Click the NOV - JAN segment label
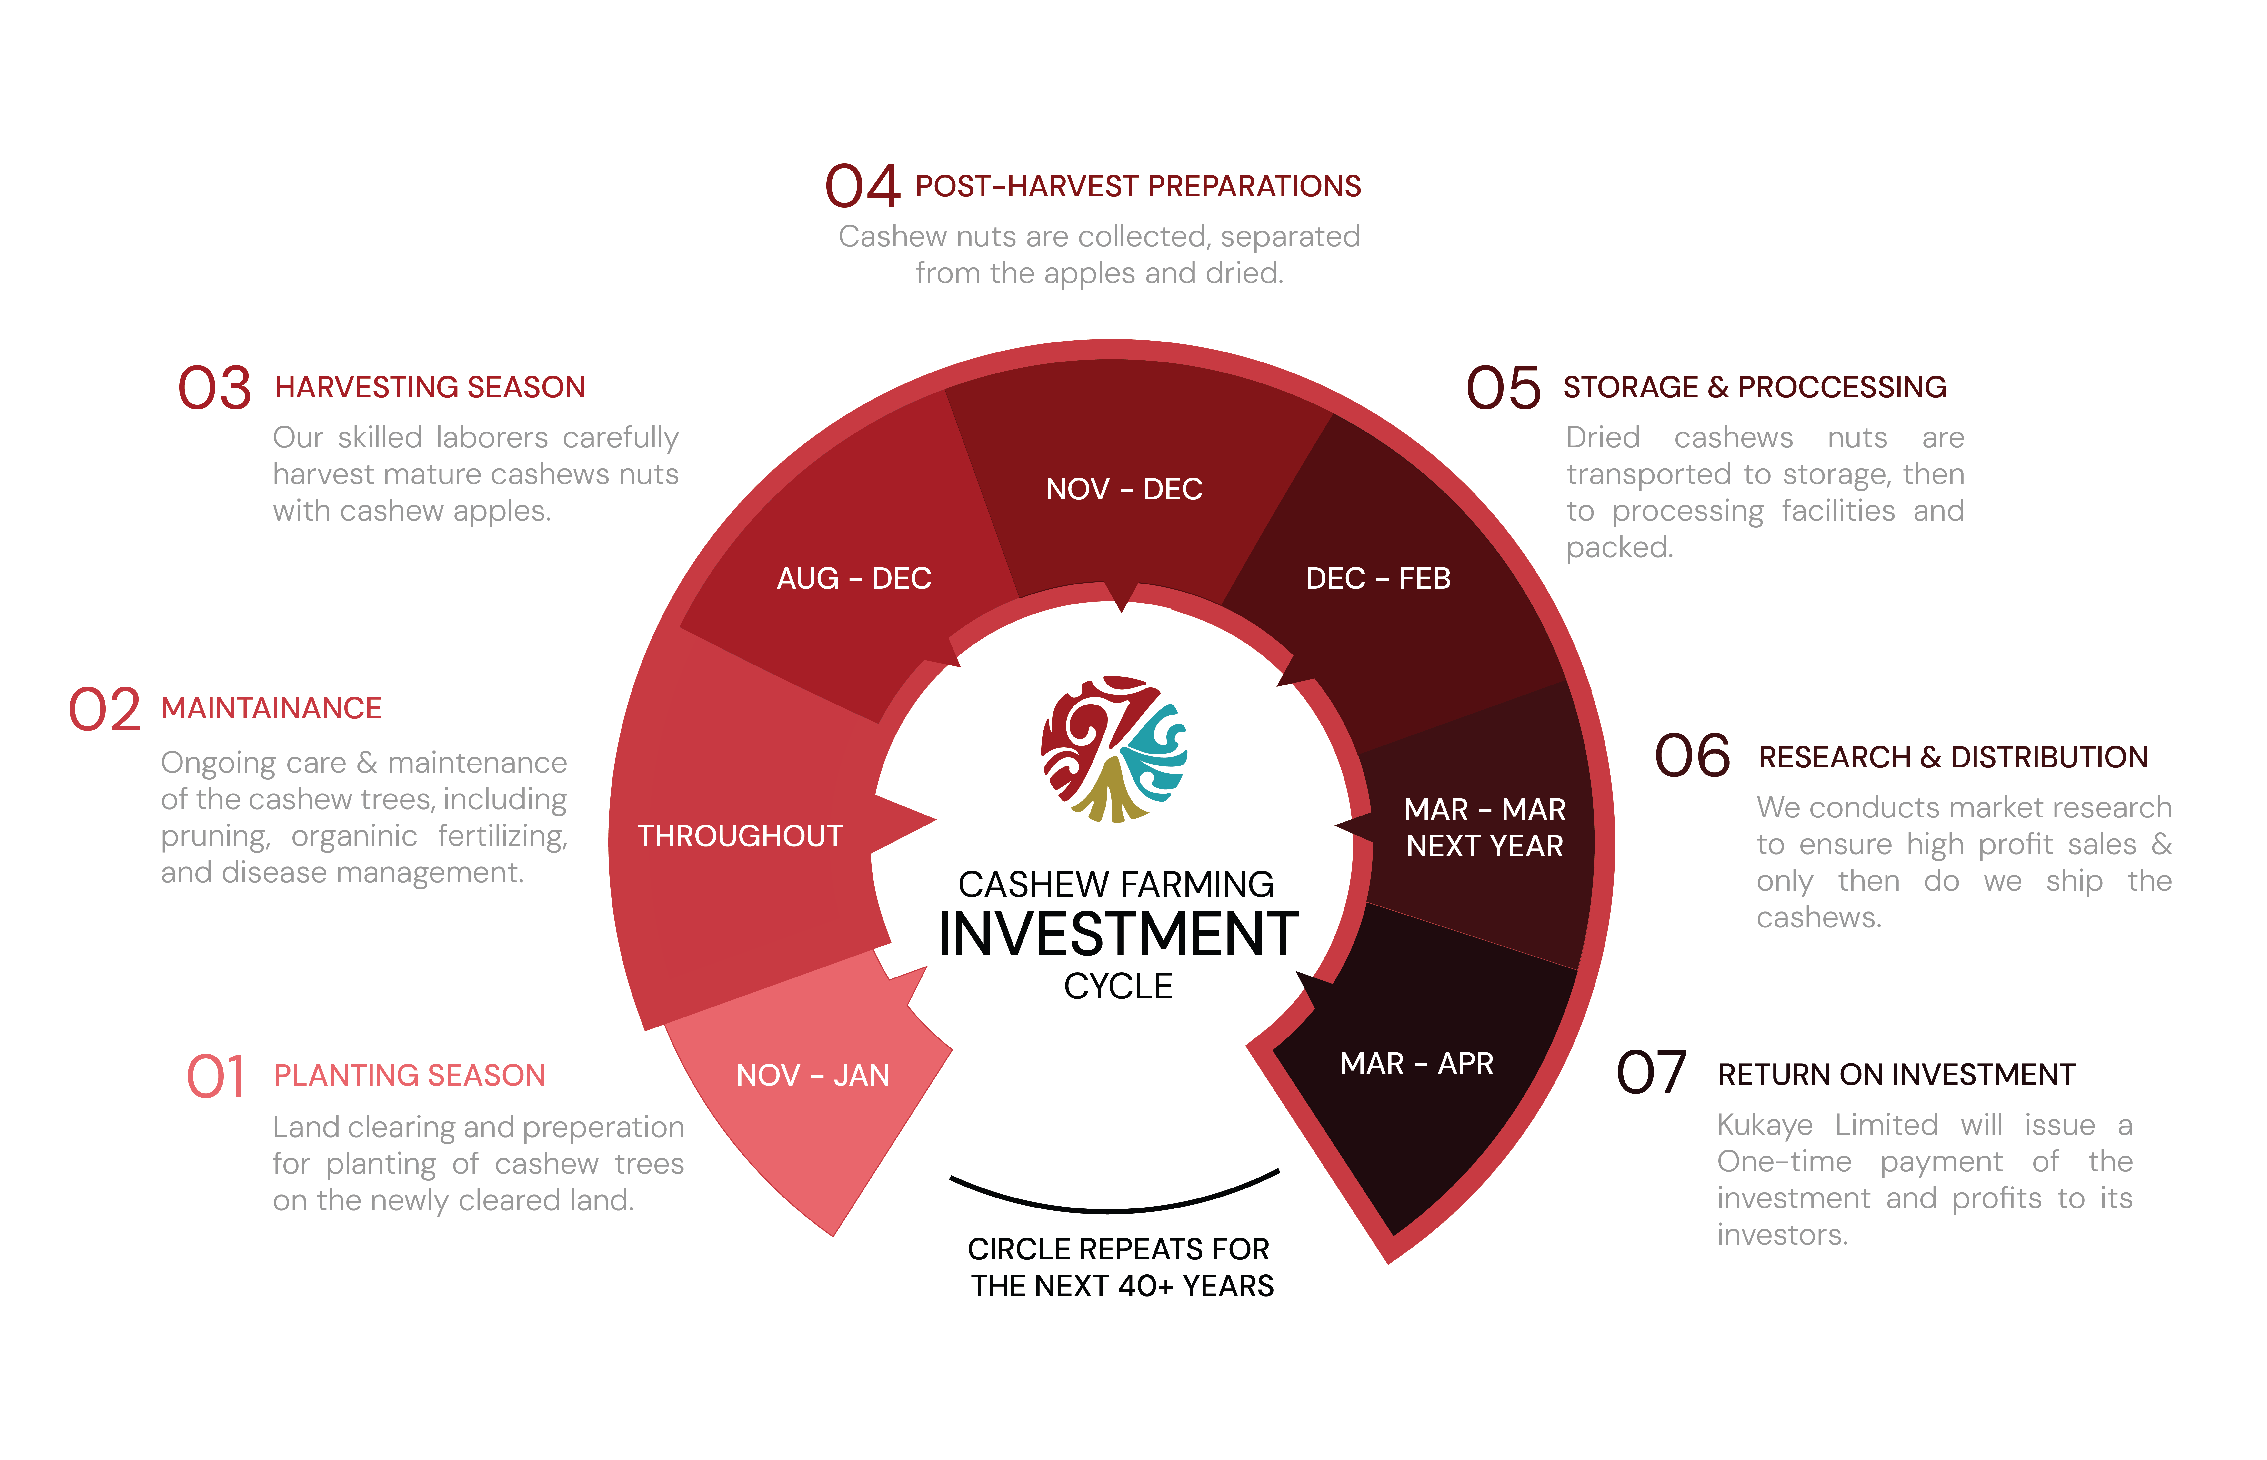pyautogui.click(x=813, y=1075)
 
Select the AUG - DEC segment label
pyautogui.click(x=854, y=578)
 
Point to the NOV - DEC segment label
pyautogui.click(x=1124, y=489)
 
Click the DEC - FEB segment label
pyautogui.click(x=1378, y=578)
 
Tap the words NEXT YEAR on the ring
pyautogui.click(x=1484, y=846)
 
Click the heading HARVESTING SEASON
pyautogui.click(x=430, y=387)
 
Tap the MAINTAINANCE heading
pyautogui.click(x=271, y=708)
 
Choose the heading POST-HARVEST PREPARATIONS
pyautogui.click(x=1138, y=186)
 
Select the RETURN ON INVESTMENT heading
pyautogui.click(x=1896, y=1074)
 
